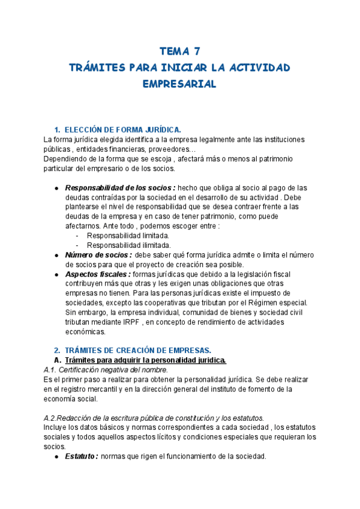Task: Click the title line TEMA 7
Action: (x=179, y=50)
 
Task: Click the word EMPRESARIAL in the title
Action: (x=179, y=84)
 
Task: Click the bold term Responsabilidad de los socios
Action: (x=120, y=187)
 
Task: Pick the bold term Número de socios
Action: (x=98, y=254)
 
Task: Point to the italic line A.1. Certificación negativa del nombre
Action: (x=106, y=370)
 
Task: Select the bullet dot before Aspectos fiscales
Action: (x=55, y=274)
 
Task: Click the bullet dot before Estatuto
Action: (x=55, y=457)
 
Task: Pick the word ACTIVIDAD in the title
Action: (x=259, y=67)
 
